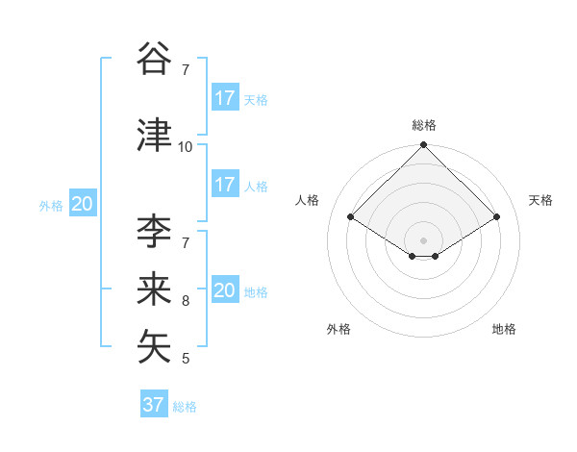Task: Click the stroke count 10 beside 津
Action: pos(186,147)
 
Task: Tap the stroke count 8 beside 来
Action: pos(186,301)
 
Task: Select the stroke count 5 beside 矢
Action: pos(186,359)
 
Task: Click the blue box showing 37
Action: pos(154,405)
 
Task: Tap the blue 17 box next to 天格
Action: pos(225,98)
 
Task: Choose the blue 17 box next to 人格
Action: pos(225,185)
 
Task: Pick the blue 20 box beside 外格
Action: pos(83,204)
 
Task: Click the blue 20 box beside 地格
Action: pos(225,290)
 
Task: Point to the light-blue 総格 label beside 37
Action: pos(185,407)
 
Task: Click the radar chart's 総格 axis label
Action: pos(424,125)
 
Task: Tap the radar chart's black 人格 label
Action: pos(308,200)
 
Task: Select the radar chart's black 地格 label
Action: pos(504,329)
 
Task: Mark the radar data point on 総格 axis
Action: pos(423,145)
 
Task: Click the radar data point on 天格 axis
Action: pos(497,217)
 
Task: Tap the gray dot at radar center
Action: pos(423,239)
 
